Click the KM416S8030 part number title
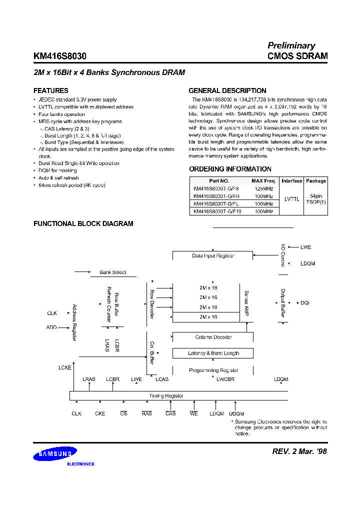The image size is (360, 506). point(59,56)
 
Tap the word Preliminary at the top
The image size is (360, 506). point(291,45)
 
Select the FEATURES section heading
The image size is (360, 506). point(50,91)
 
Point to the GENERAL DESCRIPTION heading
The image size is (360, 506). point(227,91)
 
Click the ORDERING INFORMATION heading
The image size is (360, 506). point(230,169)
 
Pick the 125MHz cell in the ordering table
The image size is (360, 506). point(263,188)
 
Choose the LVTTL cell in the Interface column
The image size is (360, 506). point(291,199)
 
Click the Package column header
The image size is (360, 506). point(315,181)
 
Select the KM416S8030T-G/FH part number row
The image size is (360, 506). point(216,196)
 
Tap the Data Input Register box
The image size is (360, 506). point(213,255)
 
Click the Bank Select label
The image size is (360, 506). point(112,272)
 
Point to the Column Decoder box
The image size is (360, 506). point(213,337)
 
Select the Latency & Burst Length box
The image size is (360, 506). point(213,353)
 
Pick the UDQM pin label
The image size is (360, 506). point(236,414)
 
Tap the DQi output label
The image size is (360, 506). point(305,303)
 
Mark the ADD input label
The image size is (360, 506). point(52,327)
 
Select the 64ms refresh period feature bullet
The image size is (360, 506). point(71,185)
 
